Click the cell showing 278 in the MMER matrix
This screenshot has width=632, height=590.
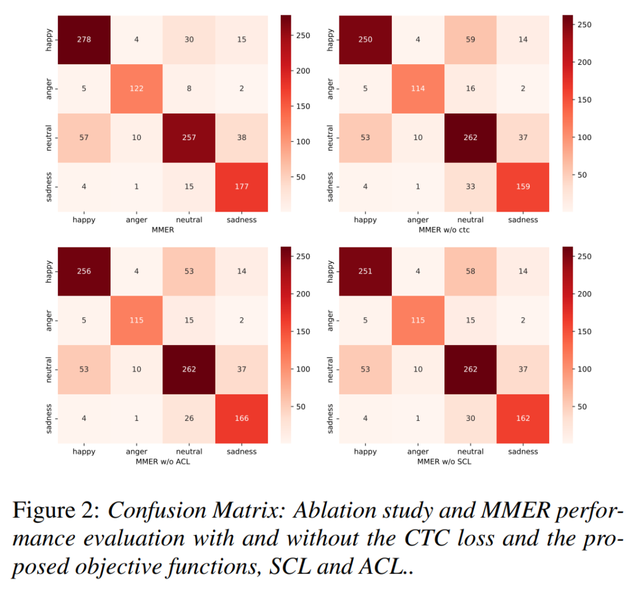pos(83,39)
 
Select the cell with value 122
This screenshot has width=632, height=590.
pos(136,88)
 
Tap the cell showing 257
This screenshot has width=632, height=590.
pos(189,138)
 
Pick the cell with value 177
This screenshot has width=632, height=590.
pos(241,187)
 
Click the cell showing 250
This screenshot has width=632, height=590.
pos(365,39)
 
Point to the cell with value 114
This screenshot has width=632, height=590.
pos(418,88)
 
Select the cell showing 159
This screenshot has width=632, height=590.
pos(523,187)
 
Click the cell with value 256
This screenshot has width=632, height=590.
pos(83,271)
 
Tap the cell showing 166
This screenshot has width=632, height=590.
pos(241,418)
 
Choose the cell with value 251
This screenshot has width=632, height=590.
pos(365,271)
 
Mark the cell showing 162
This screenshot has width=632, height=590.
pos(523,418)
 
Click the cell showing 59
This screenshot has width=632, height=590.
pos(470,39)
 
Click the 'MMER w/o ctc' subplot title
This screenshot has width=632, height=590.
pos(444,230)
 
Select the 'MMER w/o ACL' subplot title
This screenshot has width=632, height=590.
pos(162,462)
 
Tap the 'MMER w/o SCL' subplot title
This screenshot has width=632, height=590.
pos(444,462)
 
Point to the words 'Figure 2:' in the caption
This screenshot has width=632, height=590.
pos(57,512)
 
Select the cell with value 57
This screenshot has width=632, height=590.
pos(83,138)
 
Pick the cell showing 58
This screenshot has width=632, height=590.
pos(470,271)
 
